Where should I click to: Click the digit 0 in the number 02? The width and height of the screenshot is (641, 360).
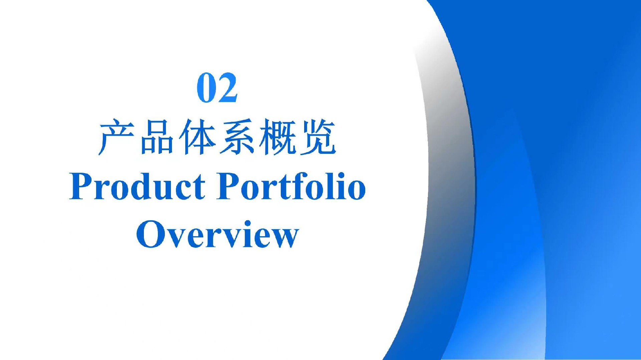point(206,88)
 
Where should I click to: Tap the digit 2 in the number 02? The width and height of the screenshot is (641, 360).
point(228,87)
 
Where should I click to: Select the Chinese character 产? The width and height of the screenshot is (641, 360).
point(116,137)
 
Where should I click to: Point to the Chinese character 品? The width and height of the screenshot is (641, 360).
point(157,137)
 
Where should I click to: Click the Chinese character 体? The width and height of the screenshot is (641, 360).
point(197,137)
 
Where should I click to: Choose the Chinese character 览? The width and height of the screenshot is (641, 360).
point(318,137)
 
